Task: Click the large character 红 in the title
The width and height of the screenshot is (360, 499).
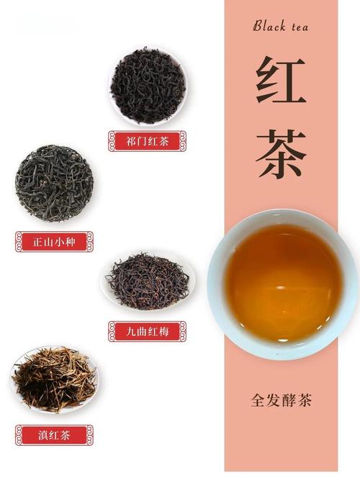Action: pyautogui.click(x=281, y=81)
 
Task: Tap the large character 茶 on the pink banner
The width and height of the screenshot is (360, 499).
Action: pyautogui.click(x=281, y=154)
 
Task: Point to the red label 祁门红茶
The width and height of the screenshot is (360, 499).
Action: pyautogui.click(x=148, y=141)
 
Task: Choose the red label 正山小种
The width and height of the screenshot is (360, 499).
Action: pyautogui.click(x=54, y=241)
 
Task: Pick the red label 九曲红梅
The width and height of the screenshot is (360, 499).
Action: pyautogui.click(x=148, y=331)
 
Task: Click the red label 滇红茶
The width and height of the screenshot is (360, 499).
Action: pyautogui.click(x=54, y=435)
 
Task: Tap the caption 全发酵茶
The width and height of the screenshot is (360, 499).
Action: pyautogui.click(x=281, y=400)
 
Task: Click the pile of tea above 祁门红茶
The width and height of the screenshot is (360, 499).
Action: pyautogui.click(x=148, y=85)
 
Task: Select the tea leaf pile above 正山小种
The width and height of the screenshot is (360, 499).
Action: pyautogui.click(x=54, y=183)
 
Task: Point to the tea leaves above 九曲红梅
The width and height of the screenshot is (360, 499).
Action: pyautogui.click(x=148, y=281)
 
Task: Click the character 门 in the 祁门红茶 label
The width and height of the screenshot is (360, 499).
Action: pyautogui.click(x=141, y=141)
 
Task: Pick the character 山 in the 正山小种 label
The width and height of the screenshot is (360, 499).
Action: pyautogui.click(x=48, y=241)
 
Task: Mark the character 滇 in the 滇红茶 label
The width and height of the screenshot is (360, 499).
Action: pyautogui.click(x=42, y=435)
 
